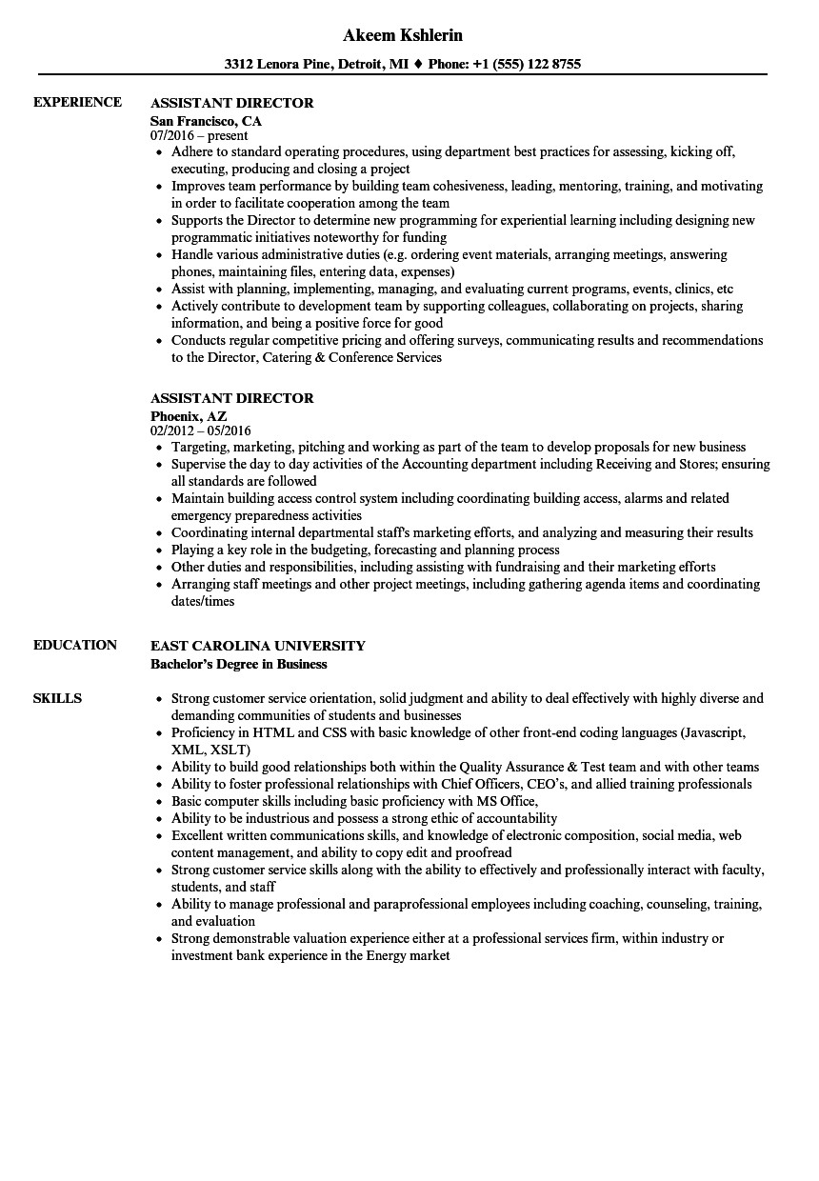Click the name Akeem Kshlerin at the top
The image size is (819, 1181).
click(402, 35)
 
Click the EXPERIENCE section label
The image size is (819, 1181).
click(77, 102)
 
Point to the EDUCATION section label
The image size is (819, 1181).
click(75, 645)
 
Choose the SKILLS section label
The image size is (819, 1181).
click(57, 698)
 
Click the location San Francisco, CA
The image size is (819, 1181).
click(206, 121)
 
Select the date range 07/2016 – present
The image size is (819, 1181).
click(199, 135)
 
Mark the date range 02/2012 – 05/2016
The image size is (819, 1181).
click(201, 430)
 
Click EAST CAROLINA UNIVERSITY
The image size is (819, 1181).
click(257, 645)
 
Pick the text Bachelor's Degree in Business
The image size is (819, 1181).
click(238, 664)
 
